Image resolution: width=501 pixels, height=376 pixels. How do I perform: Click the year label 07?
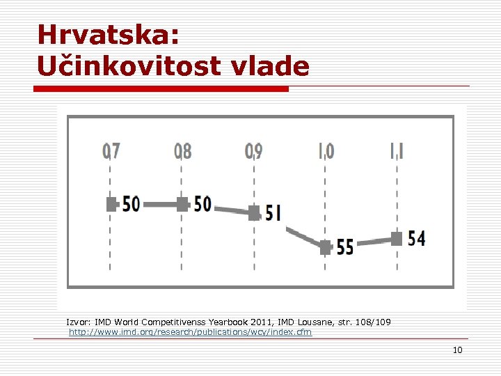click(x=111, y=150)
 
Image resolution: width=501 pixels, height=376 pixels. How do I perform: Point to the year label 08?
click(x=183, y=150)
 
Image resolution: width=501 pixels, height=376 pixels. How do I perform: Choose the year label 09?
click(x=254, y=150)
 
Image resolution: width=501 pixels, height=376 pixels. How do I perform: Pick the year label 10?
click(x=326, y=150)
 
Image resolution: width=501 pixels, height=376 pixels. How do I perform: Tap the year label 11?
click(x=396, y=150)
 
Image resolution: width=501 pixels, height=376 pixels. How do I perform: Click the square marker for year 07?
click(x=111, y=204)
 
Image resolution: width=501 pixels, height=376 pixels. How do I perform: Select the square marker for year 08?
click(x=182, y=204)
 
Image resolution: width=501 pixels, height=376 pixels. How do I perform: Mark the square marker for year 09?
click(x=254, y=212)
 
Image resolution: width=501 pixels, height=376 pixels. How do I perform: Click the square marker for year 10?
click(x=326, y=247)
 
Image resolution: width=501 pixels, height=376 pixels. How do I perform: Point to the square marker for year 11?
click(x=397, y=239)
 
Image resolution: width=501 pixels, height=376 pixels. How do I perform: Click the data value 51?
click(x=273, y=213)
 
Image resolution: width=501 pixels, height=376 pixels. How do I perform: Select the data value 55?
click(x=345, y=247)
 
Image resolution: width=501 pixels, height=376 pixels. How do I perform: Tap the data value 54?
click(x=417, y=239)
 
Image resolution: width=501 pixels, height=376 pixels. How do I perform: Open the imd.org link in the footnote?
click(x=191, y=332)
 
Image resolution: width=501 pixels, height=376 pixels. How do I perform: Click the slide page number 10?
click(x=457, y=350)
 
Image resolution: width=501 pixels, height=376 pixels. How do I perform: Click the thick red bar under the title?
click(x=161, y=89)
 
